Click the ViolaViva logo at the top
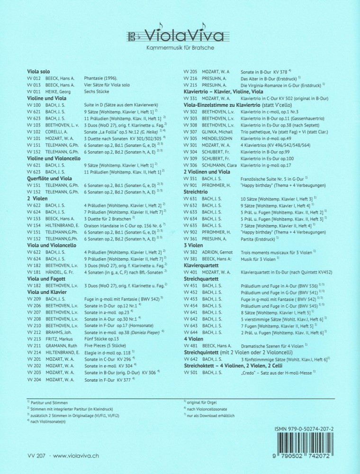[x=180, y=35]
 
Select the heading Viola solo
[x=41, y=71]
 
